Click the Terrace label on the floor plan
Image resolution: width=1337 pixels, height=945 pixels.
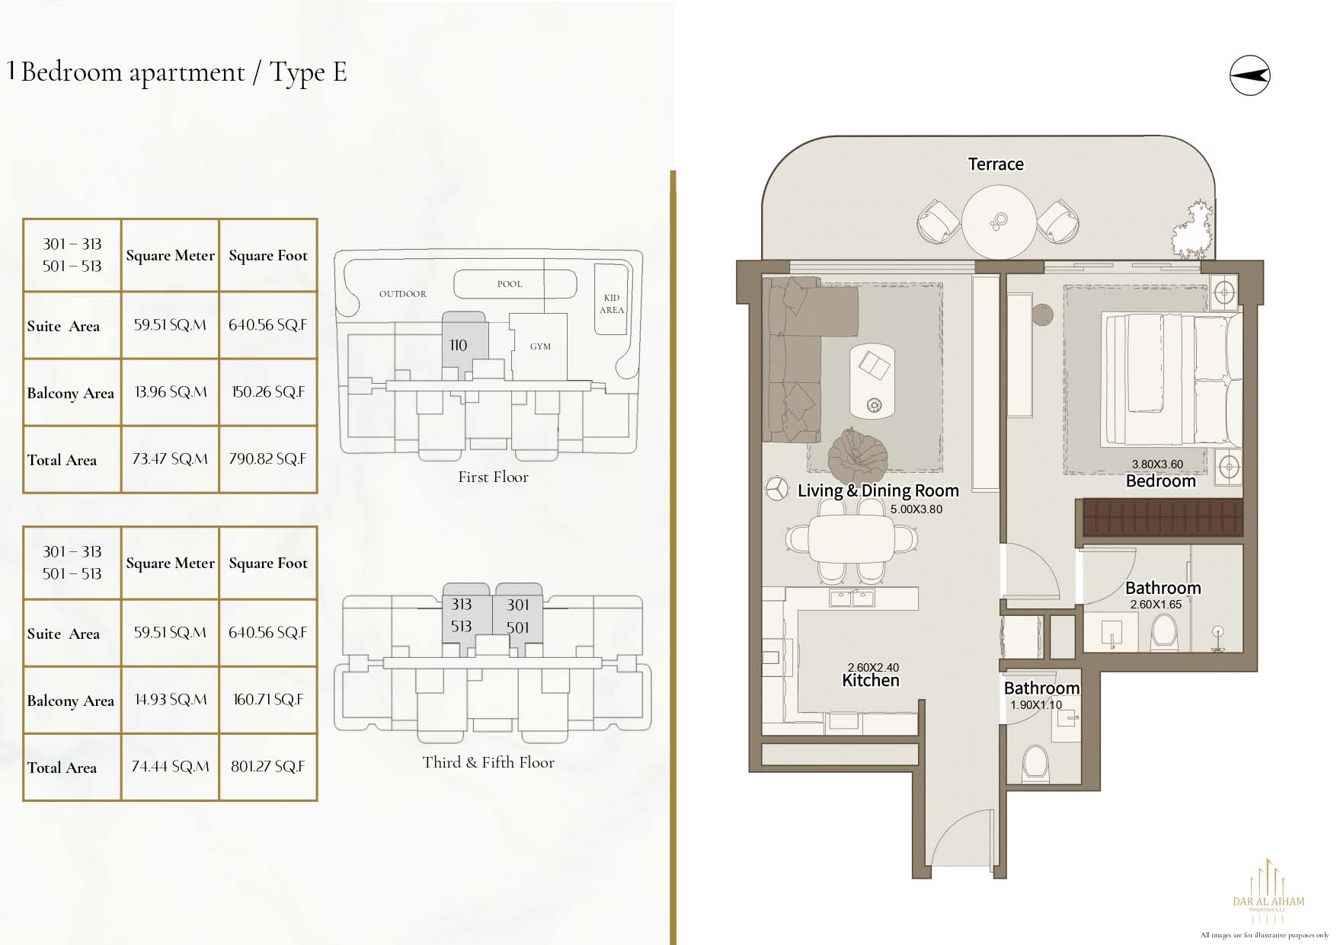[x=995, y=164]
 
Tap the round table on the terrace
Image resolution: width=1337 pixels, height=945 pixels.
[x=999, y=222]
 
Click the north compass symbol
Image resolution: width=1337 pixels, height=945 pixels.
[x=1249, y=75]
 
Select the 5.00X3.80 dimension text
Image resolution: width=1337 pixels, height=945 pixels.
[x=916, y=509]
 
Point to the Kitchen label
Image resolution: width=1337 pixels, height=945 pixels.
[x=870, y=680]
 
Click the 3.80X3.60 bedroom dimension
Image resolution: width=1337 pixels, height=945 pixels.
[x=1157, y=465]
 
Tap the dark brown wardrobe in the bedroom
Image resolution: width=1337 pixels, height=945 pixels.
[x=1163, y=516]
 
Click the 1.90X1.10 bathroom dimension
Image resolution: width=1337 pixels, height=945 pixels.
[x=1035, y=705]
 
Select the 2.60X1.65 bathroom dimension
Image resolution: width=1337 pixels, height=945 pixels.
[x=1156, y=605]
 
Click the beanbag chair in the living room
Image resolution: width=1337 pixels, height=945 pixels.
[x=857, y=454]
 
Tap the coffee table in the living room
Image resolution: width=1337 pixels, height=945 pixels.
[x=872, y=380]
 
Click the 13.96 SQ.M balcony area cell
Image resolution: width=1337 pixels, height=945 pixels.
[x=171, y=392]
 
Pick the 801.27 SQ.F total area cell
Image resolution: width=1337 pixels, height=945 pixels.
[x=268, y=767]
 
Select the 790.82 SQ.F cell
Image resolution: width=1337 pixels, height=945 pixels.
[x=268, y=459]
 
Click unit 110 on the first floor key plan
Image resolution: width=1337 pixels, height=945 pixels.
[x=458, y=345]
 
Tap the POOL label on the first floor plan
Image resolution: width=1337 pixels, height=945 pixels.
[x=510, y=284]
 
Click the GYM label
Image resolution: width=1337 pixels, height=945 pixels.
[x=540, y=346]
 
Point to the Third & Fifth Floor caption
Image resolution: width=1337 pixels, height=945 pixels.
[x=488, y=762]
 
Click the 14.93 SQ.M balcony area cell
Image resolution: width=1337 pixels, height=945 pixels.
[x=171, y=700]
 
